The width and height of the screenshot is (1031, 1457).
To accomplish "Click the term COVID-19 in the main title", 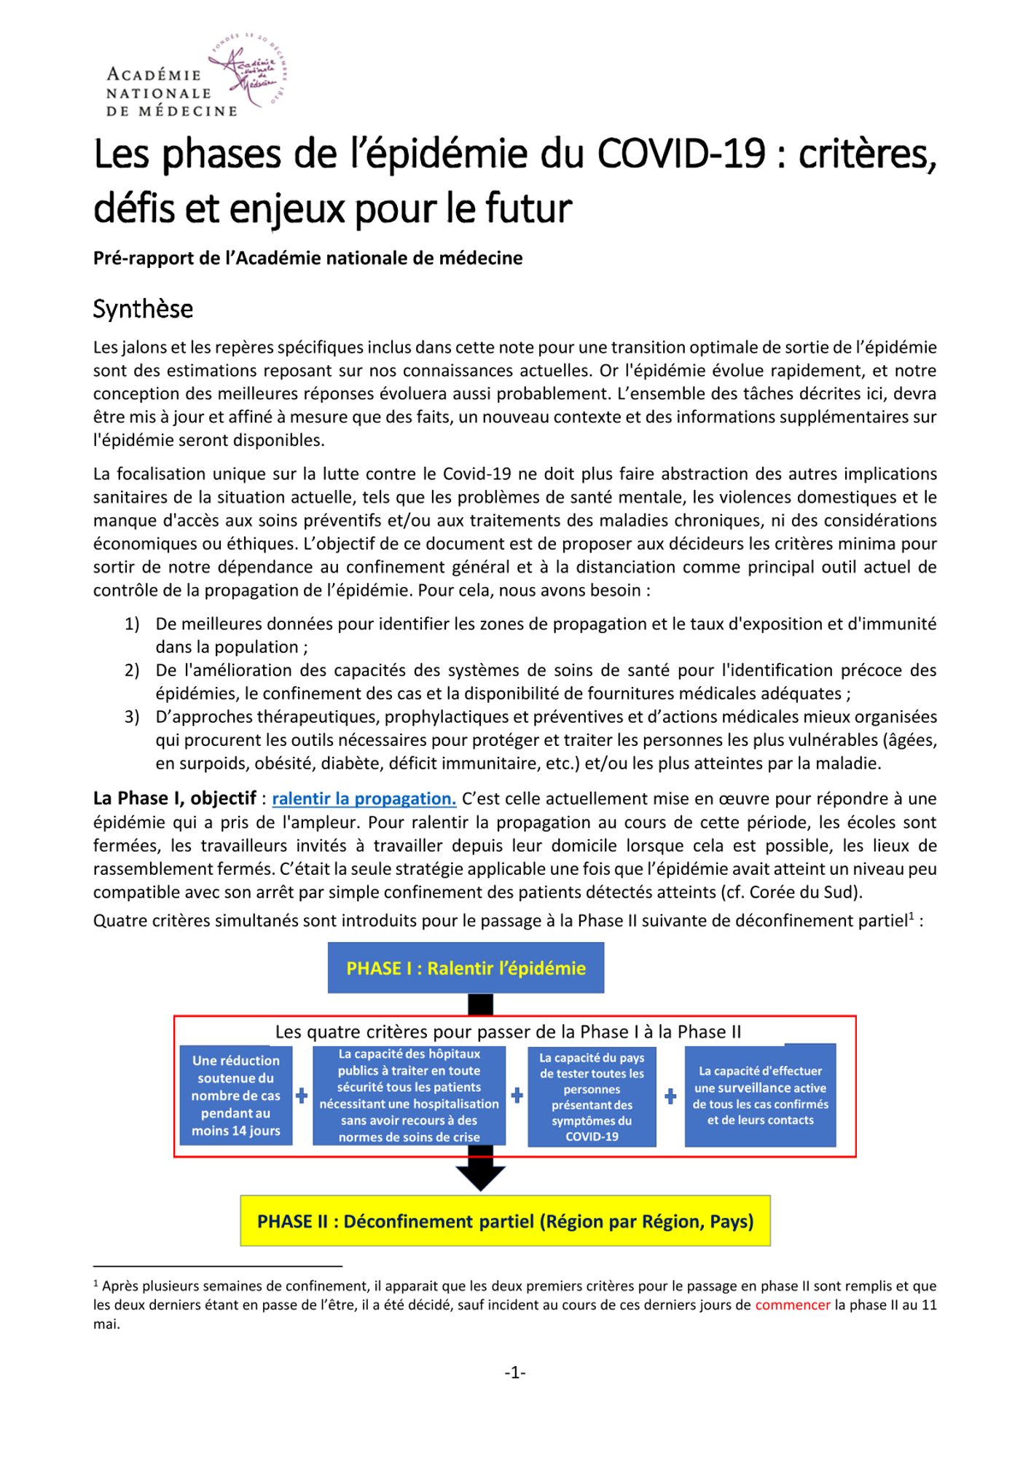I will (x=681, y=154).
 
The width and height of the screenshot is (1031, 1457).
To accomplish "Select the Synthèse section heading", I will (x=143, y=309).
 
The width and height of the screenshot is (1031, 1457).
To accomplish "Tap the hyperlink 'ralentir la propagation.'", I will (x=364, y=798).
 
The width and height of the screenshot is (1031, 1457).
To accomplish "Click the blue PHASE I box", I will (x=466, y=967).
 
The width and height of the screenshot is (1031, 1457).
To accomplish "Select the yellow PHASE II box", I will (x=505, y=1221).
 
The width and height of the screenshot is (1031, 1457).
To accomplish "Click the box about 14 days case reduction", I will (x=236, y=1095).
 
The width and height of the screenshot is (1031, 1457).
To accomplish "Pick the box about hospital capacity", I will (x=409, y=1095).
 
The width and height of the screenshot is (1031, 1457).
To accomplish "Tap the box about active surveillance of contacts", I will (x=760, y=1095).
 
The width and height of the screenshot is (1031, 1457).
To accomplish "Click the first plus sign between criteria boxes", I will (x=302, y=1096).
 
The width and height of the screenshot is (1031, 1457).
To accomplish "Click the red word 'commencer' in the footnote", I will (x=793, y=1305).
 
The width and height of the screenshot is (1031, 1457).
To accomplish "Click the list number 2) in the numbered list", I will (x=132, y=670).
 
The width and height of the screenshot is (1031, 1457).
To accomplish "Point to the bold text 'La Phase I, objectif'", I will (x=175, y=798).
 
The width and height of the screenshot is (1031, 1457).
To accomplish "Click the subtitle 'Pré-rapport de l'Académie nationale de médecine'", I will (x=307, y=258).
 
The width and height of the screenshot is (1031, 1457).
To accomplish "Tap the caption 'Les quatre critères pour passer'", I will (x=508, y=1032).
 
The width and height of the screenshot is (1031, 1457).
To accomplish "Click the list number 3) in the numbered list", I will (x=132, y=717).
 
